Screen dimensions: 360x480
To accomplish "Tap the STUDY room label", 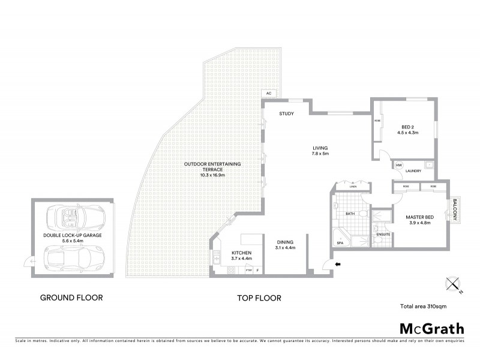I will [286, 114].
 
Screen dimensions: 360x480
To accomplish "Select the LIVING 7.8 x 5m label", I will [320, 151].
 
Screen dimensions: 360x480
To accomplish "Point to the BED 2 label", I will [410, 130].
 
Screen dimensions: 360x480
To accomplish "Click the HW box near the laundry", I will [398, 165].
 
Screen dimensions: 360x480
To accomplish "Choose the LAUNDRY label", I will [413, 172].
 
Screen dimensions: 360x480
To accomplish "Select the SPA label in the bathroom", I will [339, 243].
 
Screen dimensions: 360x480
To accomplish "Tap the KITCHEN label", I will [241, 256].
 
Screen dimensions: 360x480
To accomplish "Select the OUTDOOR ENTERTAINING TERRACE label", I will [212, 169].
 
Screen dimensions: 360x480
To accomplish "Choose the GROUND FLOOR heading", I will [71, 297].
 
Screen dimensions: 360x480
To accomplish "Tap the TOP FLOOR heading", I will [259, 298].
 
